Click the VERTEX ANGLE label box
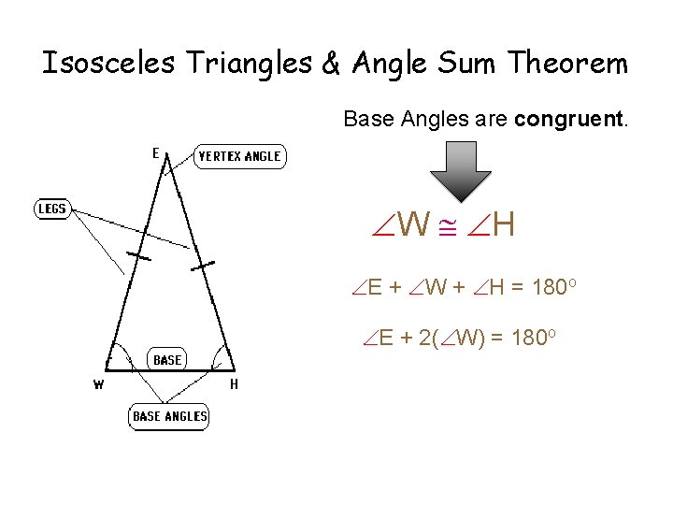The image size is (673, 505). (x=239, y=156)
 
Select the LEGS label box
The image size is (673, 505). (x=52, y=209)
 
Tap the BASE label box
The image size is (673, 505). (x=167, y=360)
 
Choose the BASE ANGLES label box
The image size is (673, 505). (x=169, y=415)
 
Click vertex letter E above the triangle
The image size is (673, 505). (x=155, y=153)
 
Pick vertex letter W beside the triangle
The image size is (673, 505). (x=98, y=383)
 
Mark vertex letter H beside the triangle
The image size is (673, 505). (x=234, y=383)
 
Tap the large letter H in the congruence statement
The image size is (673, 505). (x=503, y=224)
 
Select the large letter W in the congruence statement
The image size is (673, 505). (x=413, y=224)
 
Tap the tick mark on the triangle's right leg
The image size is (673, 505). (x=202, y=266)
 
